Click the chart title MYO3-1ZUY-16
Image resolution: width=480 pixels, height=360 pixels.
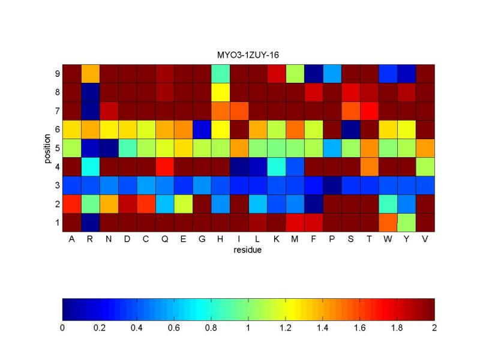pyautogui.click(x=248, y=55)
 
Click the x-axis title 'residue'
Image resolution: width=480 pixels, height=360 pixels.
pyautogui.click(x=248, y=250)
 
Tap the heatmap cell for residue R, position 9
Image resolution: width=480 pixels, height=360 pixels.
pyautogui.click(x=90, y=73)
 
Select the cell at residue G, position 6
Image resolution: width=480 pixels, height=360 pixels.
pyautogui.click(x=202, y=129)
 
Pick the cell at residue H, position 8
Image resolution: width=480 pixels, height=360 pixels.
pyautogui.click(x=220, y=92)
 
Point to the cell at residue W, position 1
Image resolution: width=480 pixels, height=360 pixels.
pyautogui.click(x=388, y=222)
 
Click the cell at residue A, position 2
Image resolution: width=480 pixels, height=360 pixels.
pyautogui.click(x=71, y=203)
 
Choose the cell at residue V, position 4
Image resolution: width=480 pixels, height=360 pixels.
pyautogui.click(x=425, y=166)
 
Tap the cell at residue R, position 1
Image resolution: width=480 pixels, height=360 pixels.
pyautogui.click(x=90, y=222)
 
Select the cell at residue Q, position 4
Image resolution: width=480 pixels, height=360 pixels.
pyautogui.click(x=164, y=166)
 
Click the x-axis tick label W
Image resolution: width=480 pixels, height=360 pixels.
pyautogui.click(x=388, y=239)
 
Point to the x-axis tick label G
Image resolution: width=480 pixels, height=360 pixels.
pyautogui.click(x=202, y=239)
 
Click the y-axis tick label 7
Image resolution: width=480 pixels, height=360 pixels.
pyautogui.click(x=56, y=110)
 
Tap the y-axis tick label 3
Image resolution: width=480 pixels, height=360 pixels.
pyautogui.click(x=56, y=185)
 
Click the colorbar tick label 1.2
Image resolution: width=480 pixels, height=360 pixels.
pyautogui.click(x=286, y=328)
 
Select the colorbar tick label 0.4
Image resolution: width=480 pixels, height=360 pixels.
pyautogui.click(x=137, y=328)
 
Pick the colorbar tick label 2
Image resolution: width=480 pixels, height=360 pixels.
pyautogui.click(x=434, y=328)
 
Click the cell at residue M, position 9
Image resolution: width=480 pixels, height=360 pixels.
pyautogui.click(x=295, y=73)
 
